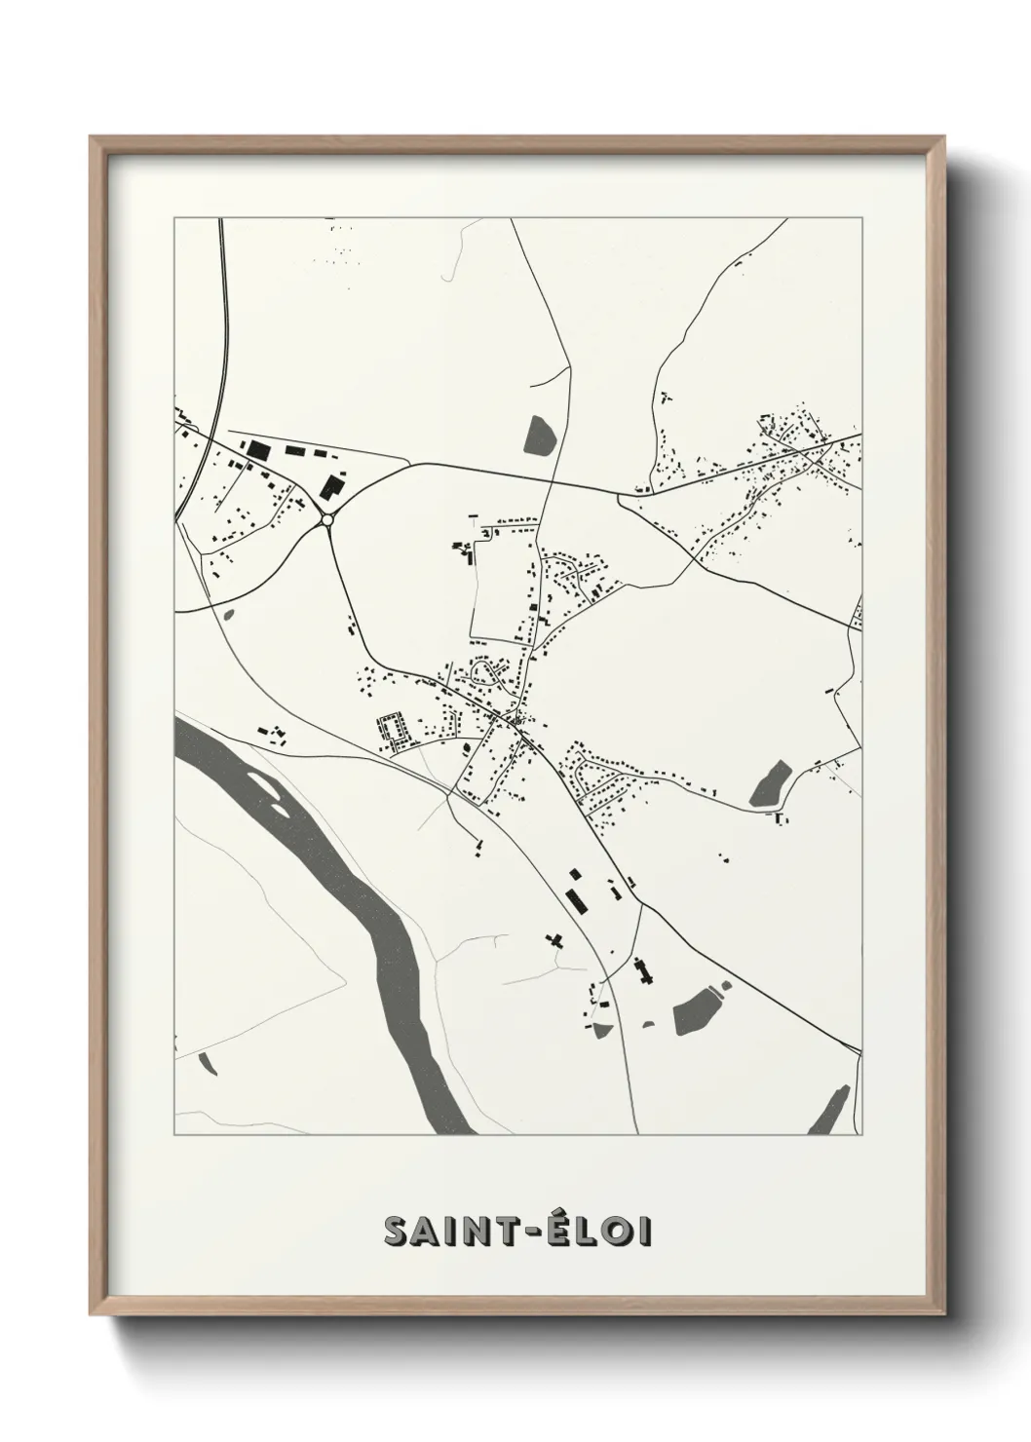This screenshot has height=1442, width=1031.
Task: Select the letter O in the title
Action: [613, 1231]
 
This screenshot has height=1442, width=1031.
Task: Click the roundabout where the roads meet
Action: [326, 519]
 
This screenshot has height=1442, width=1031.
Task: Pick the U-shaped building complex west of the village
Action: [394, 729]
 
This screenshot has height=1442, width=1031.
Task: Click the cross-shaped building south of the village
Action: [555, 940]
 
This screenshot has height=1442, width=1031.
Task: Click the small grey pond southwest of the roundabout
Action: [229, 615]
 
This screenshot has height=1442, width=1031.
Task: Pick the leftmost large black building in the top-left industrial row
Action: [257, 448]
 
